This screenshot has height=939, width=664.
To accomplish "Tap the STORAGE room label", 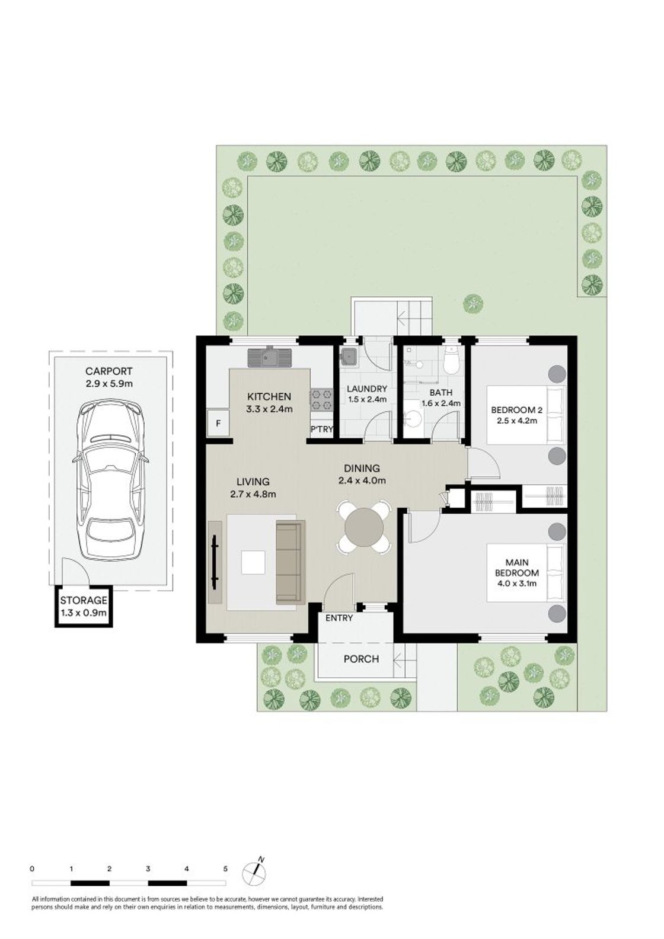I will (x=84, y=601).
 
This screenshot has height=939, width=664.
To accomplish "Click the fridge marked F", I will (x=218, y=424).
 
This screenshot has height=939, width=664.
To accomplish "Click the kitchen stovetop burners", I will (x=320, y=399).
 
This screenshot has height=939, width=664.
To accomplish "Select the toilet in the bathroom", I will (x=452, y=361).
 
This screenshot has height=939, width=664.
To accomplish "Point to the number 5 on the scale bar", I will (x=225, y=869).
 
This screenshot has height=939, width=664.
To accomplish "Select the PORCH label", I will (x=361, y=659).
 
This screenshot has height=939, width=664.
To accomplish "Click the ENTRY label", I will (x=339, y=618).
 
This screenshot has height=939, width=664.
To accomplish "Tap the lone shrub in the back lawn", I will (x=473, y=303).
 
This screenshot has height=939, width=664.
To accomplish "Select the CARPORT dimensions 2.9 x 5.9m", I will (x=109, y=383).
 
